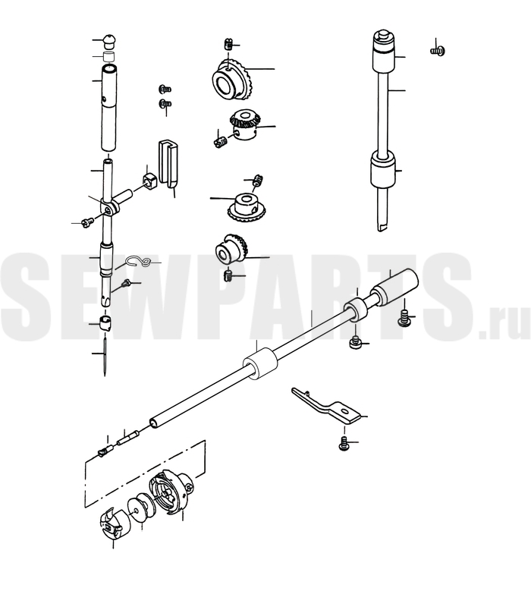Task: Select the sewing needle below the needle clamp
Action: coord(105,355)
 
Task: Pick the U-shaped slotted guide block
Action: coord(168,164)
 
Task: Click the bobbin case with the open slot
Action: coord(114,522)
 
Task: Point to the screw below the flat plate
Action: coord(344,444)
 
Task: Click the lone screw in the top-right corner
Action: coord(438,50)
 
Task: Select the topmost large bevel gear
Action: coord(232,80)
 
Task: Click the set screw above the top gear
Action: coord(228,44)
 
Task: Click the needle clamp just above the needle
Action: coord(104,322)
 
